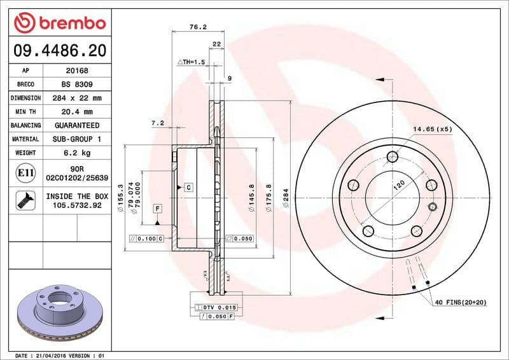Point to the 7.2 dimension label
[158, 122]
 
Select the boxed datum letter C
[189, 187]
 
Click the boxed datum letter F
[157, 209]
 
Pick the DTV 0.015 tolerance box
[219, 307]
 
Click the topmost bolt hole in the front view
[393, 156]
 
